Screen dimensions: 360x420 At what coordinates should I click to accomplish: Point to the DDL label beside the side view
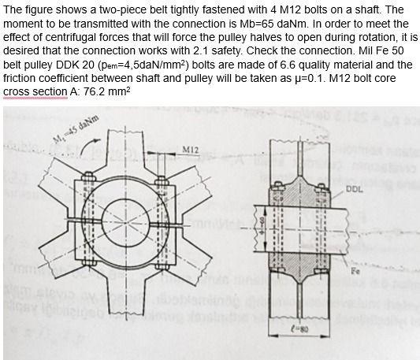(354, 190)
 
